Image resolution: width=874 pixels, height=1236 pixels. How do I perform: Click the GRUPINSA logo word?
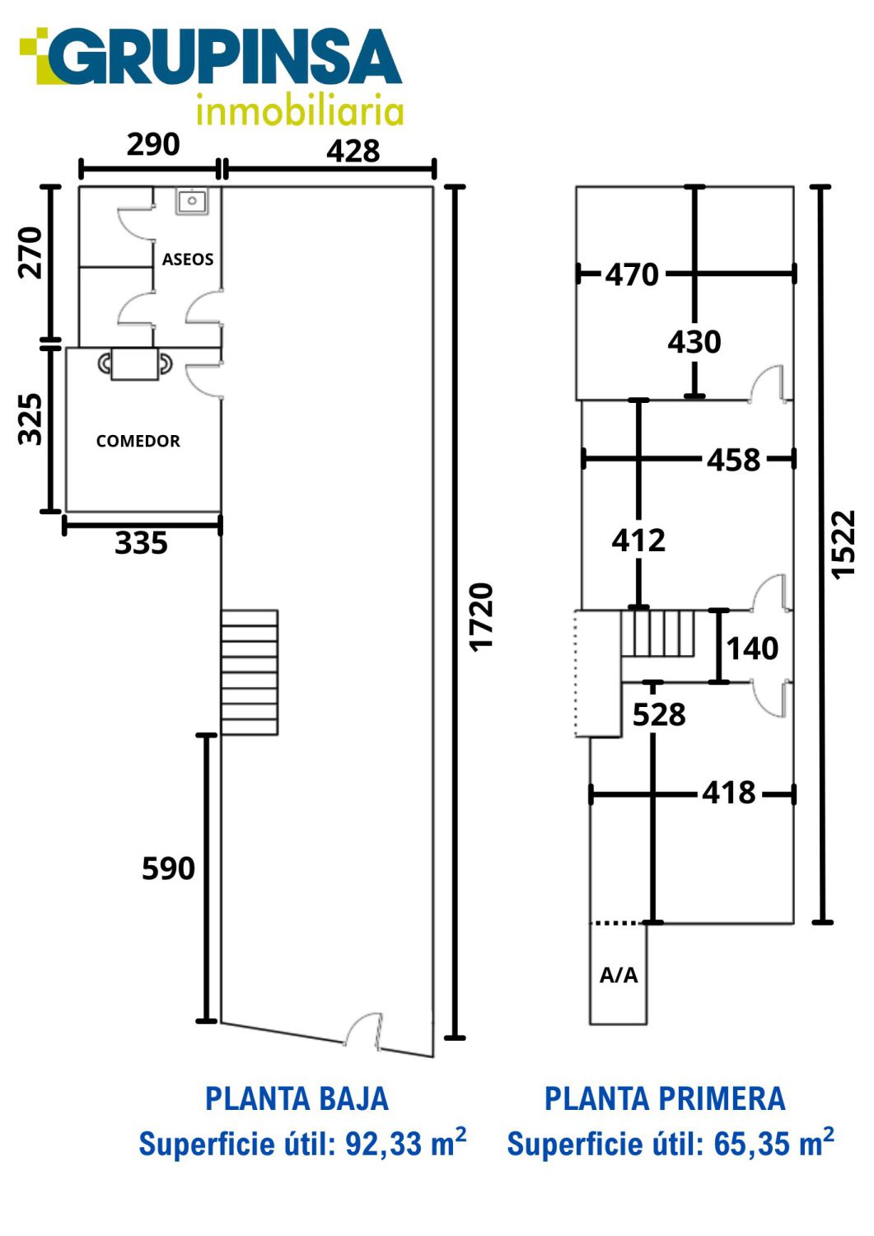(x=225, y=57)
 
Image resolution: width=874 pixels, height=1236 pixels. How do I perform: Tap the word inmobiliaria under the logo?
(x=300, y=109)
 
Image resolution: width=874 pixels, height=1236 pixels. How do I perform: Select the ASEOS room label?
(x=188, y=260)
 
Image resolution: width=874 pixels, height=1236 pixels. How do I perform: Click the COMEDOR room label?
(x=138, y=441)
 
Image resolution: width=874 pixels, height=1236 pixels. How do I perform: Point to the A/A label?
(x=619, y=976)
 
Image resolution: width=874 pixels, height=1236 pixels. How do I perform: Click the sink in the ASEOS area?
(x=192, y=201)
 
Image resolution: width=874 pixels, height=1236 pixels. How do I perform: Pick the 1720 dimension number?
(x=480, y=617)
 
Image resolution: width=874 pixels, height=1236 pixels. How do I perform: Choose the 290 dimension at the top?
(x=153, y=144)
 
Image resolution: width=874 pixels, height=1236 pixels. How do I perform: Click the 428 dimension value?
(x=353, y=151)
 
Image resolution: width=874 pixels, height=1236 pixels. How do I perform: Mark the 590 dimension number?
(x=168, y=868)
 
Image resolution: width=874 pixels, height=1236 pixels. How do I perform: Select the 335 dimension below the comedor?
(x=141, y=543)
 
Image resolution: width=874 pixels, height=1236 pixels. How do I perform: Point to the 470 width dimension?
(x=633, y=274)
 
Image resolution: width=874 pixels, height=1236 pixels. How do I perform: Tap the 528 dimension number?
(x=659, y=714)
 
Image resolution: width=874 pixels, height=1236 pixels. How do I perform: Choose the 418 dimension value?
(x=729, y=793)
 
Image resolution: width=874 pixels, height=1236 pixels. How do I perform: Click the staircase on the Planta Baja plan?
(x=250, y=672)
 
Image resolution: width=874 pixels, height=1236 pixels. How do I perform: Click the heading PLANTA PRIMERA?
(x=665, y=1098)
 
